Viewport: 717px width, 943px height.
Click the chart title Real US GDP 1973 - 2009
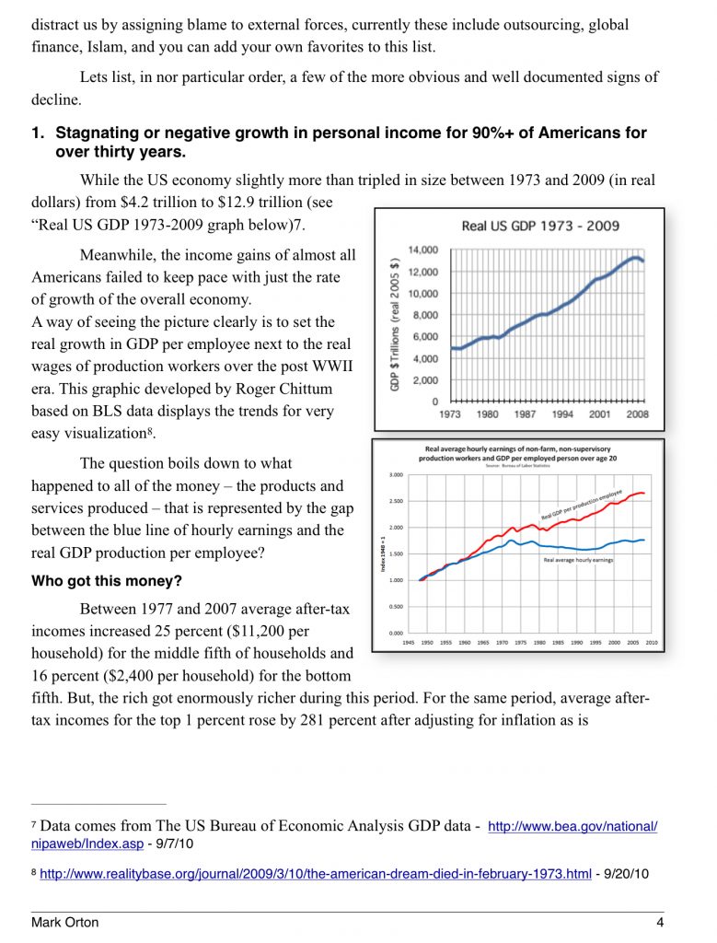(x=539, y=226)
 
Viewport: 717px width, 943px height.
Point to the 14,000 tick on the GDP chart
(x=423, y=250)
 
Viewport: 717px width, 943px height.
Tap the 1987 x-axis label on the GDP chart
(x=525, y=413)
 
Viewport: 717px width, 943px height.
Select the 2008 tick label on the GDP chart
(x=638, y=413)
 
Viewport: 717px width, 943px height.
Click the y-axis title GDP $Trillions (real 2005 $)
(x=395, y=323)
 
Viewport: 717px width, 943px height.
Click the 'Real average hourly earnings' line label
(x=578, y=560)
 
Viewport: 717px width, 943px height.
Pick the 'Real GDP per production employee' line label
(x=581, y=504)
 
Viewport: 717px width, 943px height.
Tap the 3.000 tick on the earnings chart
(x=396, y=475)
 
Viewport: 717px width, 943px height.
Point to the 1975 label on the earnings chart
(x=520, y=642)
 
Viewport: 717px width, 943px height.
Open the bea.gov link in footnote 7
(x=572, y=826)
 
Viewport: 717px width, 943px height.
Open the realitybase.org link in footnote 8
(x=316, y=873)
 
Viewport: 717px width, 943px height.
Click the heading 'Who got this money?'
(x=107, y=581)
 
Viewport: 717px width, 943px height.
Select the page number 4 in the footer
(x=660, y=922)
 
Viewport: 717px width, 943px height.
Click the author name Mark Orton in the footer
(x=65, y=922)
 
